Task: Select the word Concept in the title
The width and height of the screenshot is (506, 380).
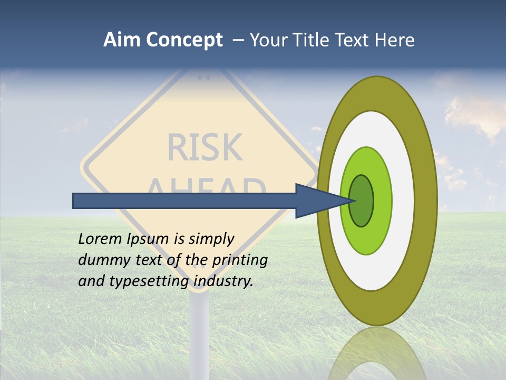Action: click(184, 40)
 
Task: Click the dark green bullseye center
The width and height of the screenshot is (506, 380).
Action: click(362, 201)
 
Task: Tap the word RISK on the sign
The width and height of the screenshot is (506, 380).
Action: click(205, 147)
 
